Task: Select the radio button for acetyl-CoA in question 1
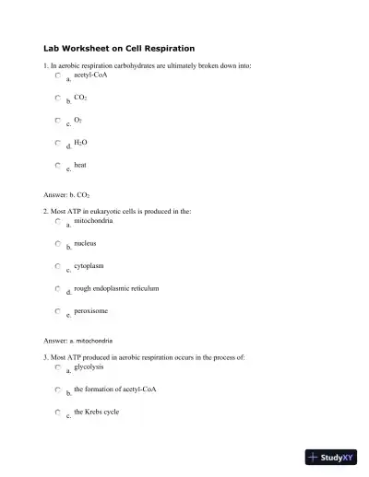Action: (57, 77)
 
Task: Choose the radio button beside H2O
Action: (57, 143)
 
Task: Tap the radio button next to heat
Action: (57, 165)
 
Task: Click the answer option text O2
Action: (77, 120)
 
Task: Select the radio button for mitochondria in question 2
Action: (57, 222)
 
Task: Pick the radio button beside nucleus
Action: (57, 244)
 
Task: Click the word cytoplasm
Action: (89, 265)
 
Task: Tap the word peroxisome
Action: (90, 310)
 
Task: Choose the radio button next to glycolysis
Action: (57, 367)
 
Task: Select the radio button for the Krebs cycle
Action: (57, 413)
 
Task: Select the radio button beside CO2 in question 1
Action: (57, 98)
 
